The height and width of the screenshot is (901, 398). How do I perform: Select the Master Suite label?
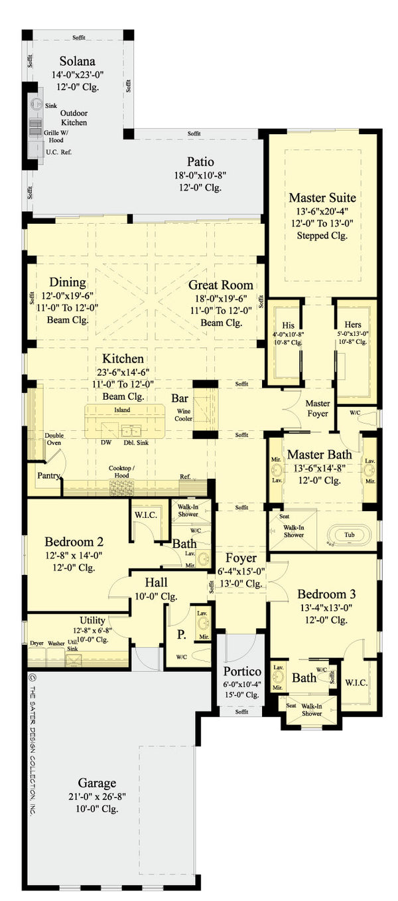coord(322,198)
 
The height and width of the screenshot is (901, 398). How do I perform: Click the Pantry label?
coord(49,475)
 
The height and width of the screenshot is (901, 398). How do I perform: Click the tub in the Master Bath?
coord(349,534)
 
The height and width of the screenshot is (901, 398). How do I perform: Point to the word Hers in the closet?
coord(348,308)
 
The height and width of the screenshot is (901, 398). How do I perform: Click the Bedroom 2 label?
coord(74,541)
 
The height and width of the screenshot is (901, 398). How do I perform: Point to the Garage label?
coord(97,783)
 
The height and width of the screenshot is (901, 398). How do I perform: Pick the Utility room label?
coord(92,621)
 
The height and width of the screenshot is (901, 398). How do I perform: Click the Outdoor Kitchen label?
coord(74,118)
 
